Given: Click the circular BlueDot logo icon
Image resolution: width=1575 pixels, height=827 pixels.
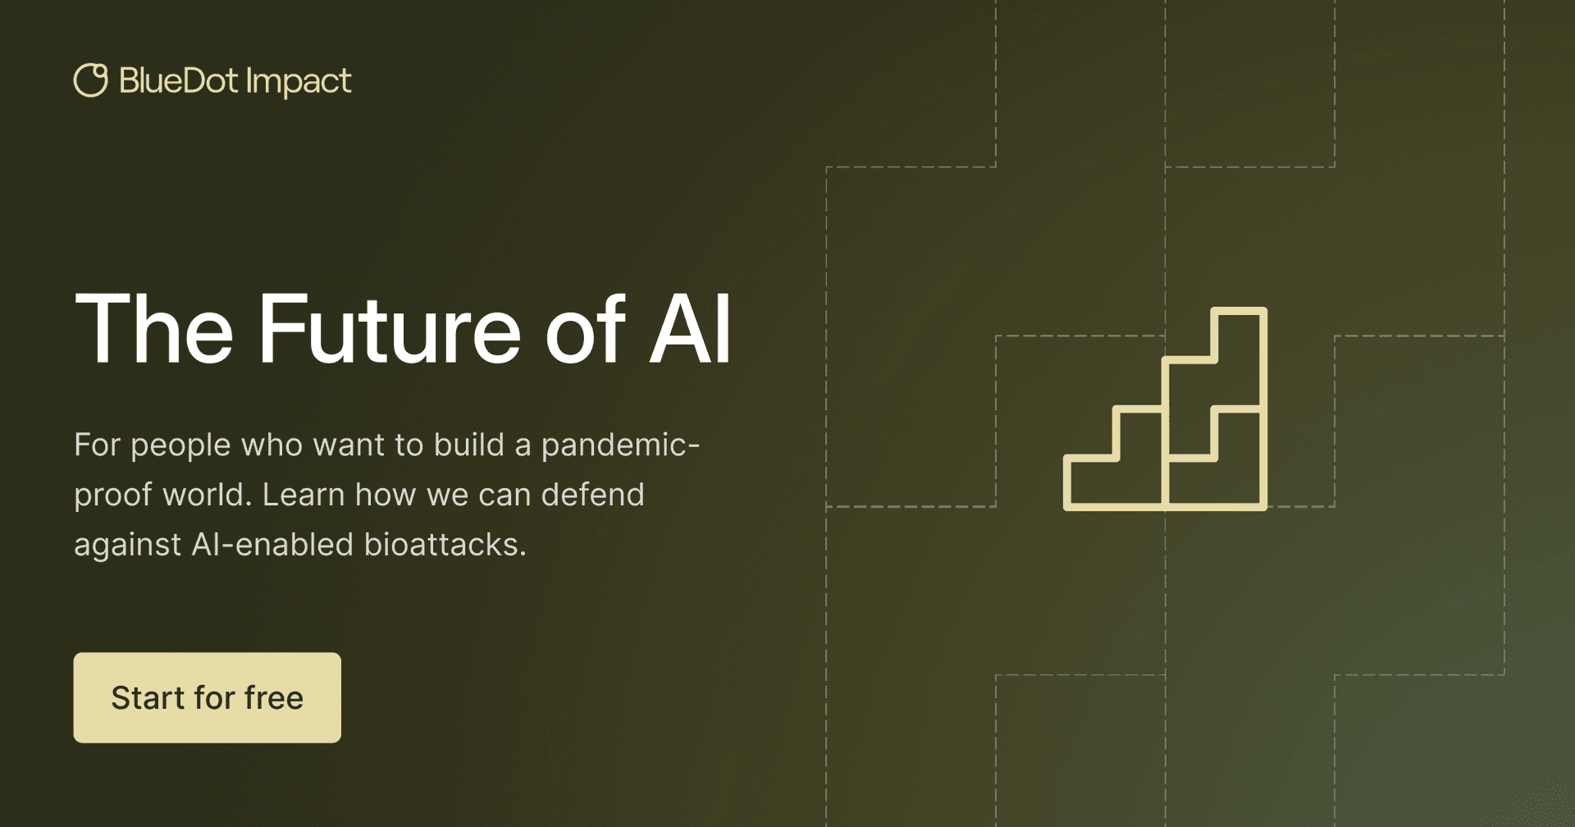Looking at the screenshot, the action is (x=90, y=80).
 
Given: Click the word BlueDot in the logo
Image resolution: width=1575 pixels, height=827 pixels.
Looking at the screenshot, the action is (x=178, y=80).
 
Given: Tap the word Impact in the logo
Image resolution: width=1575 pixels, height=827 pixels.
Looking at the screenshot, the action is (x=299, y=83).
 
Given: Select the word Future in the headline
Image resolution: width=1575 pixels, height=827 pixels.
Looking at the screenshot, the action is (x=390, y=329).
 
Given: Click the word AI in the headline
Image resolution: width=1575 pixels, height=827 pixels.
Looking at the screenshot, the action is (x=690, y=329).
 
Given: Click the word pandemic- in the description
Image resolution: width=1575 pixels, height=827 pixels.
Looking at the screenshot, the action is (x=620, y=445).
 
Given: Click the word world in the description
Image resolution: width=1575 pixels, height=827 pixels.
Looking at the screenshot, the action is (x=203, y=495).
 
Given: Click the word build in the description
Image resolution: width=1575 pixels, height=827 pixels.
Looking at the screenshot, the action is (x=468, y=445).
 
